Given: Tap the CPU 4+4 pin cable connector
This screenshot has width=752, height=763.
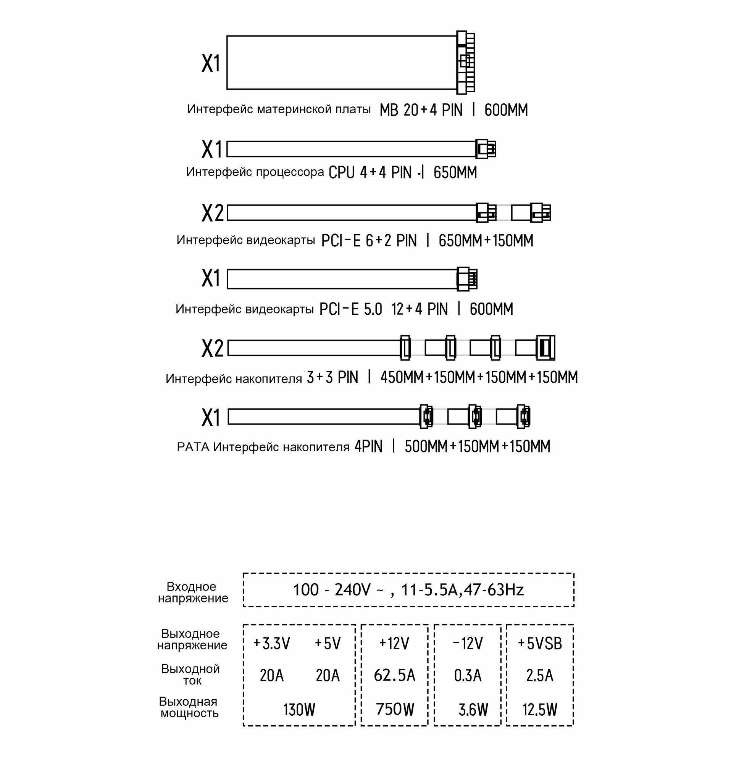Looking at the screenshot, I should click(x=486, y=149).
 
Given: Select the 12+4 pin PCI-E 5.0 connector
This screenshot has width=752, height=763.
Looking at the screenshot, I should click(x=467, y=279).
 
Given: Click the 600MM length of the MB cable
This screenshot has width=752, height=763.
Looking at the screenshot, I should click(x=506, y=110).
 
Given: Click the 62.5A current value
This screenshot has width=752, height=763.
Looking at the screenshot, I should click(x=395, y=675).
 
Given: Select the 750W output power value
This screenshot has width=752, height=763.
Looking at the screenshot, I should click(x=395, y=709).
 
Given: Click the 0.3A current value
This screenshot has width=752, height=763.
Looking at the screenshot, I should click(x=468, y=675).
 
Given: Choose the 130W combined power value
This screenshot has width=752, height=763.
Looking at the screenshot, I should click(x=299, y=710).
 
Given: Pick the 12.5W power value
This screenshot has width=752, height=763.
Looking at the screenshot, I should click(x=539, y=710).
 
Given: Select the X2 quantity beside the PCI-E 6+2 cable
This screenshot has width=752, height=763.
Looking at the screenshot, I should click(x=213, y=213).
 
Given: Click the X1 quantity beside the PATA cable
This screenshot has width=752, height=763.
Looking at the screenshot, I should click(x=211, y=418).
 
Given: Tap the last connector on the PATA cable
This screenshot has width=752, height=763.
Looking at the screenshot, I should click(x=523, y=417).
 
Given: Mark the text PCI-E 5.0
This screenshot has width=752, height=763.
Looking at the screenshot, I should click(x=351, y=309).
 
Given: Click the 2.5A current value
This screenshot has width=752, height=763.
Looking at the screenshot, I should click(x=539, y=675).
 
